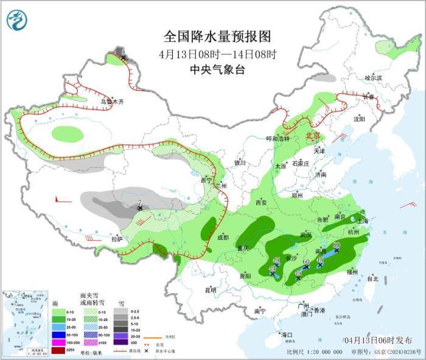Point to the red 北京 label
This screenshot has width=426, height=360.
(x=313, y=135)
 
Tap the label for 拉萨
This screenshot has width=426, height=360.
(x=117, y=239)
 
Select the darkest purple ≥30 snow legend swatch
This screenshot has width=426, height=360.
(x=124, y=350)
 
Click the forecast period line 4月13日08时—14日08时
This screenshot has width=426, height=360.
(x=217, y=54)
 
